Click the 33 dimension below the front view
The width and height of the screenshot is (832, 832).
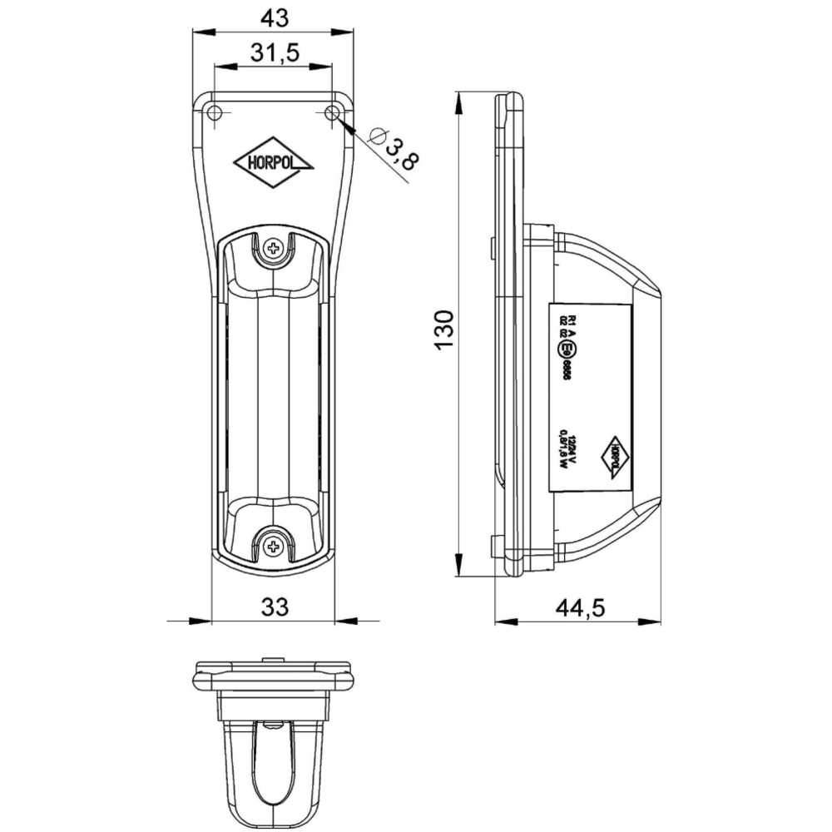(274, 607)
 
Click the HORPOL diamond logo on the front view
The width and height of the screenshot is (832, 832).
(274, 162)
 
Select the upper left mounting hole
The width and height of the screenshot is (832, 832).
(214, 113)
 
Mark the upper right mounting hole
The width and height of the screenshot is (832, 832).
(333, 113)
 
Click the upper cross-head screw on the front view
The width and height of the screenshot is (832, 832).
(274, 247)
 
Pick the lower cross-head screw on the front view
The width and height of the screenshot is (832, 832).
(274, 546)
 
